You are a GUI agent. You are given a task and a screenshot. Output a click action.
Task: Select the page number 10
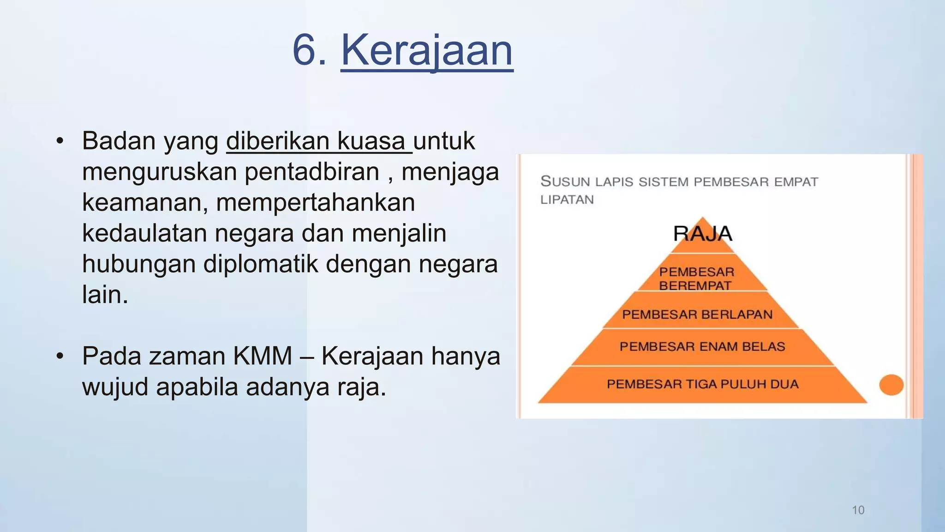pyautogui.click(x=858, y=510)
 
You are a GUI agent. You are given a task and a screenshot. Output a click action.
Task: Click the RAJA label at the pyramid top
pyautogui.click(x=702, y=234)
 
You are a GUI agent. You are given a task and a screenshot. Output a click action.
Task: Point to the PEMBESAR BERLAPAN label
pyautogui.click(x=697, y=314)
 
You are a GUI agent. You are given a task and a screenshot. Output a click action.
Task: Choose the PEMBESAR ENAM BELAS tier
pyautogui.click(x=702, y=347)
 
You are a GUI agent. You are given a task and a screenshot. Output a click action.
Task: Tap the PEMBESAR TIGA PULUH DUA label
pyautogui.click(x=702, y=384)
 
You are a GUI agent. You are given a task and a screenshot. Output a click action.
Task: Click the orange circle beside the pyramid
pyautogui.click(x=891, y=385)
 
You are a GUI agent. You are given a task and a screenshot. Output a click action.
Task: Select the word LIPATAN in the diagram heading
pyautogui.click(x=567, y=200)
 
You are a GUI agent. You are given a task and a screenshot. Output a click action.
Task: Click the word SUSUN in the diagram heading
pyautogui.click(x=565, y=181)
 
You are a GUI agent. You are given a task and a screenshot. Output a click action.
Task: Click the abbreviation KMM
pyautogui.click(x=263, y=356)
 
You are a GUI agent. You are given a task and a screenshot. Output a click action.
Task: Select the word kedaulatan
pyautogui.click(x=144, y=233)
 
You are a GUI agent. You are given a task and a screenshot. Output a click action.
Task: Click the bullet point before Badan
pyautogui.click(x=60, y=141)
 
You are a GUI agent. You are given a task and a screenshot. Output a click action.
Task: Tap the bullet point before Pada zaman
pyautogui.click(x=60, y=356)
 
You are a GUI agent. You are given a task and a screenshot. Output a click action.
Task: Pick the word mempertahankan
pyautogui.click(x=315, y=203)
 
